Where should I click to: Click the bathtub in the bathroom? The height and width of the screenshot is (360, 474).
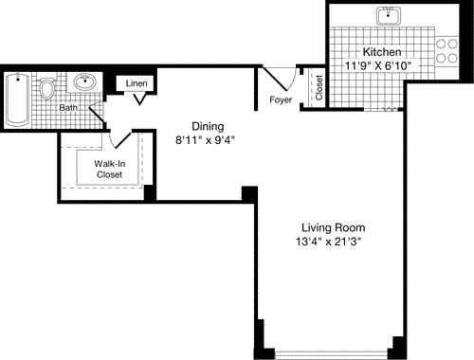click(x=17, y=99)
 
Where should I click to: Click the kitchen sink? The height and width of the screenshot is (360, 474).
click(x=389, y=16)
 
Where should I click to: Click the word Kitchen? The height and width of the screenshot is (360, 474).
click(x=382, y=51)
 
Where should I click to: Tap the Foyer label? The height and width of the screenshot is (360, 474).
click(x=280, y=99)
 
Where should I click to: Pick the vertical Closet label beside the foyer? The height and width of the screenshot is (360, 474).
click(x=319, y=88)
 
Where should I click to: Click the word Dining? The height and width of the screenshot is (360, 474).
click(x=208, y=126)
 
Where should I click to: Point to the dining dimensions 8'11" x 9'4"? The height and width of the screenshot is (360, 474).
click(x=205, y=140)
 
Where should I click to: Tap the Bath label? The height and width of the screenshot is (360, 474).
click(x=68, y=108)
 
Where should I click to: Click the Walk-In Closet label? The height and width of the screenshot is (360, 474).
click(x=109, y=169)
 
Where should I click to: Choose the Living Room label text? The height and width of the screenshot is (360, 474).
click(x=333, y=227)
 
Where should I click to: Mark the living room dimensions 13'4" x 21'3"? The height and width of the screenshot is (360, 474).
click(x=332, y=243)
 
